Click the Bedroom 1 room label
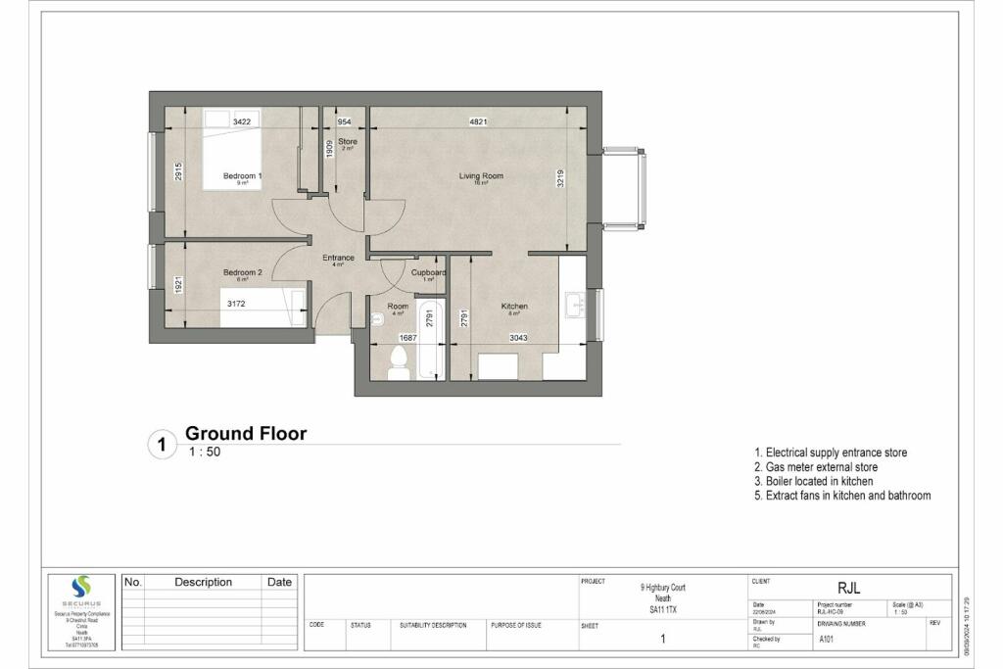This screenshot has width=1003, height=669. tap(242, 175)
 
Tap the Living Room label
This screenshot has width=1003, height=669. tap(481, 176)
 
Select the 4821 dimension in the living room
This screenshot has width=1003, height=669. tap(478, 121)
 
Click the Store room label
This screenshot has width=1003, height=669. tap(348, 142)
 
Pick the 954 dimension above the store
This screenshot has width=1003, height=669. tap(344, 121)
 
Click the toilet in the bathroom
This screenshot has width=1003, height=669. tap(400, 361)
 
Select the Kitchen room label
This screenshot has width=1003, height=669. tap(514, 307)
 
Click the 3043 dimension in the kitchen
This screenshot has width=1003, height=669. tap(523, 338)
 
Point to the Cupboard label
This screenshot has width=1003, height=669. tap(428, 272)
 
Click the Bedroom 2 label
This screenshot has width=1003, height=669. tap(242, 272)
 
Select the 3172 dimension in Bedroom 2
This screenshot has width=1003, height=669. tap(236, 305)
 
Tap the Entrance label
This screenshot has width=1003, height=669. tap(338, 258)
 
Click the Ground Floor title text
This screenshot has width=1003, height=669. tap(246, 433)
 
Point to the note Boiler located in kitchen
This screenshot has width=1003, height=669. tap(813, 482)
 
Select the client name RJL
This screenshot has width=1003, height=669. tap(848, 588)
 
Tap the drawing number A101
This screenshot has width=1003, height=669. tap(829, 638)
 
